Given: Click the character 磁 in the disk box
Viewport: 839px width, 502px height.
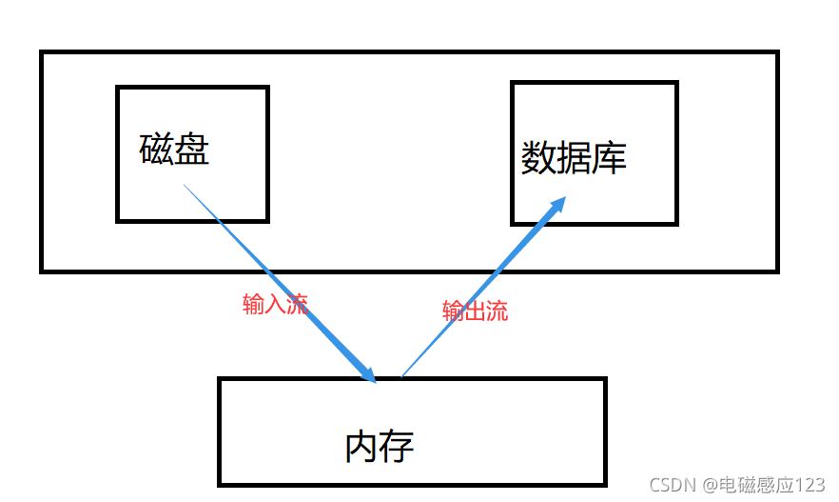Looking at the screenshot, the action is [x=157, y=150].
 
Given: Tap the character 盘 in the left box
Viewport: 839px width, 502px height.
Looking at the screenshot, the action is [x=192, y=150].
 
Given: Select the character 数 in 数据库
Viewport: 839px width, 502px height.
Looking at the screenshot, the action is [x=538, y=158].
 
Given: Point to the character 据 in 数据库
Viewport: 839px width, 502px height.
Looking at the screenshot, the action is [x=574, y=158].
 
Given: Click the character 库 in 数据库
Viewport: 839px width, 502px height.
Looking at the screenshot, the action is [x=609, y=158].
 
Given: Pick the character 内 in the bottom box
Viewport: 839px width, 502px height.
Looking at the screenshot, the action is [x=362, y=446].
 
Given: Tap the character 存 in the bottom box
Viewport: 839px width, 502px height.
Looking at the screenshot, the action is [x=398, y=446].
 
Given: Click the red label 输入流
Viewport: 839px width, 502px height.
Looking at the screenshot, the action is [x=276, y=305].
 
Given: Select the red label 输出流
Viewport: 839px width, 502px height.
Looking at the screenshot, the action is [x=475, y=311].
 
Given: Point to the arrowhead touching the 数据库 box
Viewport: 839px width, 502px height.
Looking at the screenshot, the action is [x=558, y=204].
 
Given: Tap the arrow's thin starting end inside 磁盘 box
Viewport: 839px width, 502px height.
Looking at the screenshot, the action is [x=185, y=186].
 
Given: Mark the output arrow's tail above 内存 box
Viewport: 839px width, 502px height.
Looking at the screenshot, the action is [x=402, y=374].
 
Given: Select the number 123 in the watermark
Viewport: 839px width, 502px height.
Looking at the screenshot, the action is [x=810, y=485].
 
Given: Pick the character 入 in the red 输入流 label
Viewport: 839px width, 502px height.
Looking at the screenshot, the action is [x=276, y=305].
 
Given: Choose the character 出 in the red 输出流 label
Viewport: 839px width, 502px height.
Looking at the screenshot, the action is [x=475, y=311].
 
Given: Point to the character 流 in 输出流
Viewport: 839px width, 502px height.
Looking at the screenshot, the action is [x=497, y=311].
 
